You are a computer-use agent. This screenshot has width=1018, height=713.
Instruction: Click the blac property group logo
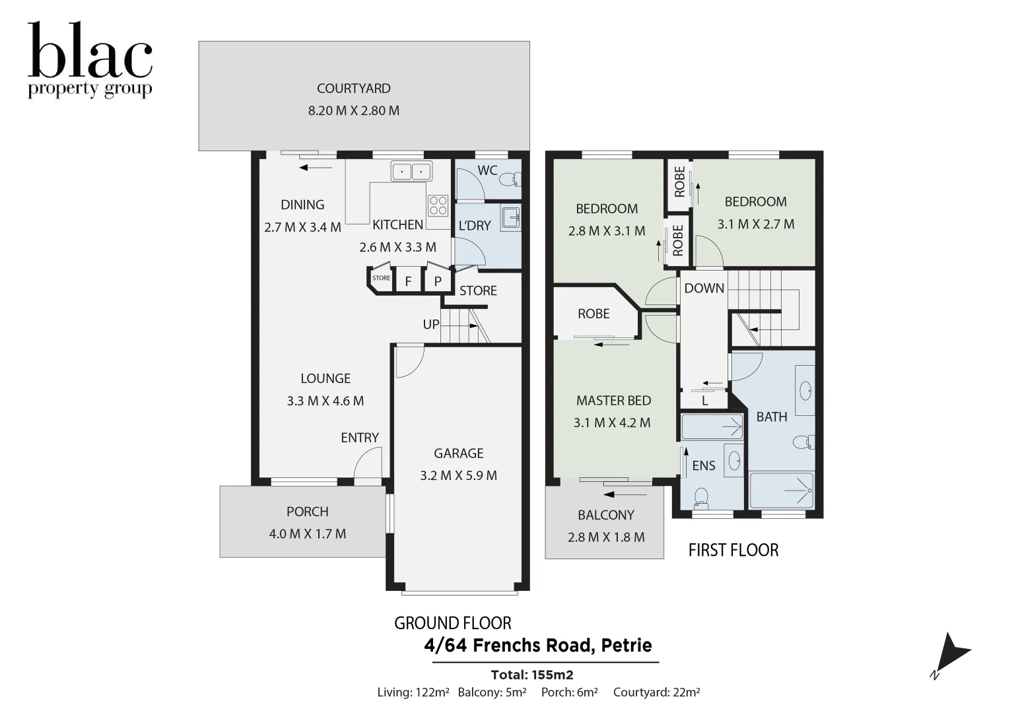pyautogui.click(x=90, y=61)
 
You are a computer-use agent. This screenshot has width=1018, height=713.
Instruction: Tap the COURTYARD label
pyautogui.click(x=353, y=88)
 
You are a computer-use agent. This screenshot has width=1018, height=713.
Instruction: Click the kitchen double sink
pyautogui.click(x=411, y=172)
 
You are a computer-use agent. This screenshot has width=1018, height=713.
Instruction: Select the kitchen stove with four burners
pyautogui.click(x=438, y=205)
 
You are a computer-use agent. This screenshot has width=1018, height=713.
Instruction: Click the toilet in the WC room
pyautogui.click(x=510, y=180)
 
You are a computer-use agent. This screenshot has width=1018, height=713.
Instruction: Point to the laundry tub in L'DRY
pyautogui.click(x=510, y=218)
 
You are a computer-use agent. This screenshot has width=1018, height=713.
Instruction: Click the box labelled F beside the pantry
pyautogui.click(x=408, y=281)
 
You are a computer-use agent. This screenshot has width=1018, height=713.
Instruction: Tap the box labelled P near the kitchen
pyautogui.click(x=438, y=281)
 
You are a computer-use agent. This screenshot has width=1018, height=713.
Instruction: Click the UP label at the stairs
pyautogui.click(x=431, y=324)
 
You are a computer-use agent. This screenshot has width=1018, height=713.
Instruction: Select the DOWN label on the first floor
pyautogui.click(x=704, y=288)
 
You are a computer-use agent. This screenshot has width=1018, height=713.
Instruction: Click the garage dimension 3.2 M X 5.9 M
pyautogui.click(x=458, y=475)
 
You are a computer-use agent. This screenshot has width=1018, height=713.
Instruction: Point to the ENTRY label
pyautogui.click(x=360, y=438)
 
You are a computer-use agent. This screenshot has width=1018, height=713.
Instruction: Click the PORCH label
pyautogui.click(x=307, y=512)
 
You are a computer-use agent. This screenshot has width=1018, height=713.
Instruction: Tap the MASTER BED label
pyautogui.click(x=613, y=401)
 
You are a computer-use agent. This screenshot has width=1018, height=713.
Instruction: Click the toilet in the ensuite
pyautogui.click(x=702, y=496)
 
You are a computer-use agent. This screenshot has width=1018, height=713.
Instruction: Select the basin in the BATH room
pyautogui.click(x=805, y=390)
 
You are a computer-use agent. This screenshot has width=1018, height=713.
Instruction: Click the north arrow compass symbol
pyautogui.click(x=951, y=654)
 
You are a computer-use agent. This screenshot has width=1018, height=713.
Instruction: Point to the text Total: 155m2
pyautogui.click(x=532, y=675)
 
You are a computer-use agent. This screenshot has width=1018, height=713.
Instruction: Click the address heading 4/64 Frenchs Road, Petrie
pyautogui.click(x=538, y=645)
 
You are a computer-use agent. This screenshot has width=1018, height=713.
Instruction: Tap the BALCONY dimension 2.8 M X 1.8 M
pyautogui.click(x=606, y=537)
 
